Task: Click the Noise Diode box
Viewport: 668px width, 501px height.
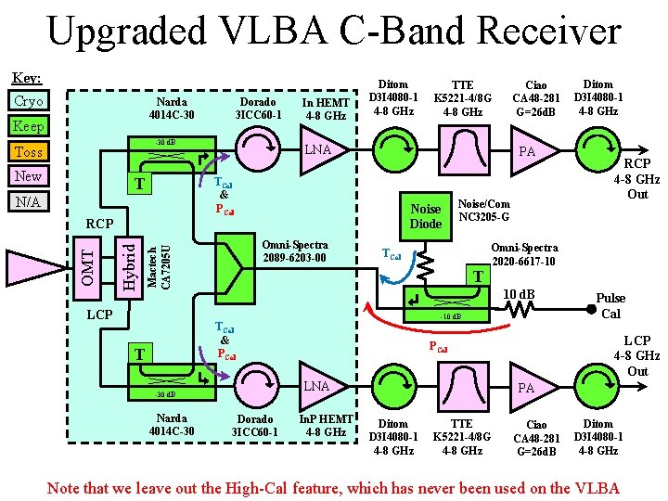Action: [x=426, y=215]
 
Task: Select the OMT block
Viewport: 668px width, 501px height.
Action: [x=85, y=263]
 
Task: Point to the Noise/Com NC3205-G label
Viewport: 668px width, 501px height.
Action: [x=483, y=211]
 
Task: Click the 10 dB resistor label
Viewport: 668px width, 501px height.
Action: [x=518, y=295]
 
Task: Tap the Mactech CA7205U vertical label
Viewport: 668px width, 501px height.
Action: [x=160, y=264]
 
